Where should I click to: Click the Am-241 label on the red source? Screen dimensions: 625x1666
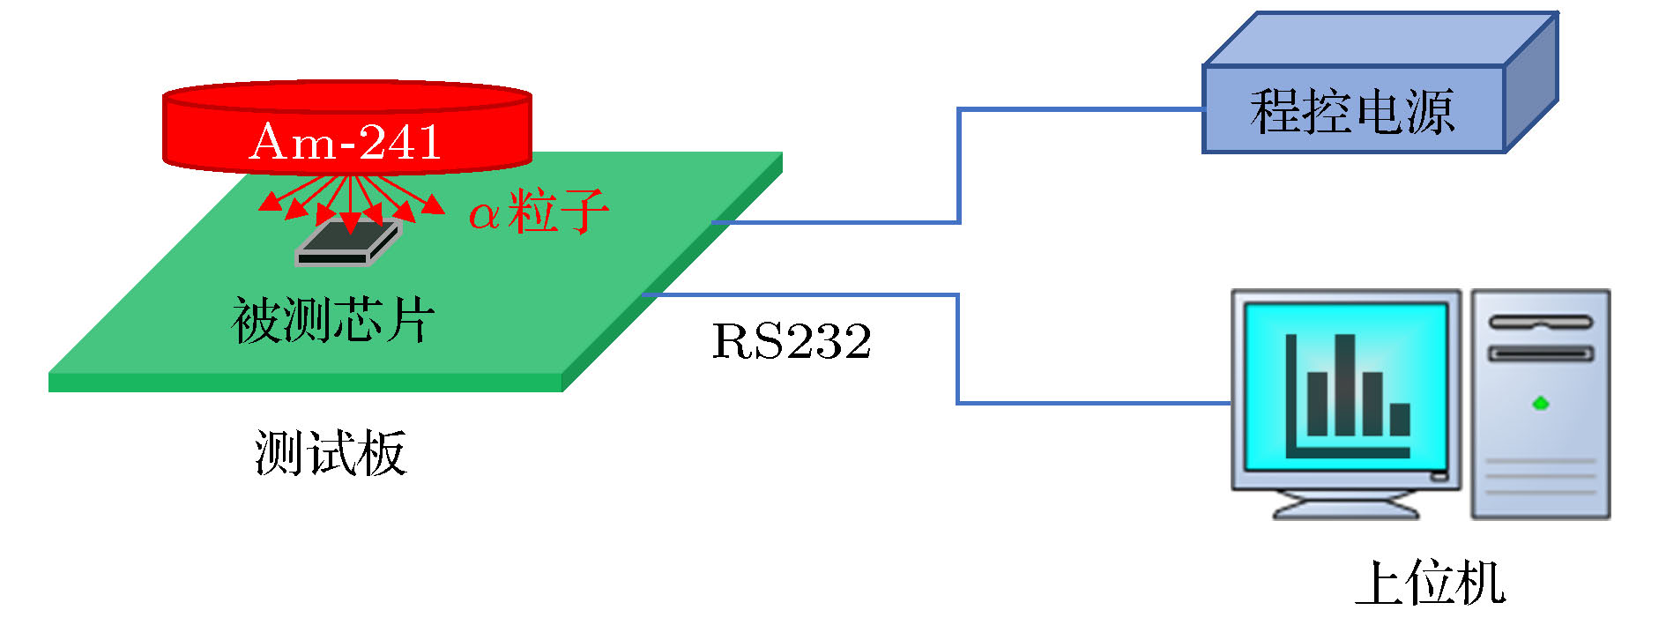346,142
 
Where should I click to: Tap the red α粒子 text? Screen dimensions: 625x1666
538,212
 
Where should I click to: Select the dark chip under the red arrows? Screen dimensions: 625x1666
348,243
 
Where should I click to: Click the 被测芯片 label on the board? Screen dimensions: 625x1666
333,319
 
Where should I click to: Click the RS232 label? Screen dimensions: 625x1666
791,342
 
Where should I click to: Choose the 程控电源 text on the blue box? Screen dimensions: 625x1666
1351,112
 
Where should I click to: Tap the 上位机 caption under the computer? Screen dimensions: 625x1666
1430,583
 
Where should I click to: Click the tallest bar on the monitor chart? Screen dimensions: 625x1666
1344,384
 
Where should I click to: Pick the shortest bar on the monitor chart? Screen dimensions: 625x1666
1400,419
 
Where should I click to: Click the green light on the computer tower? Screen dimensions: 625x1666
1540,404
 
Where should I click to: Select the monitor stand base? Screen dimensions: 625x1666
1346,509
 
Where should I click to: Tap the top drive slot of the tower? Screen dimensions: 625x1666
1540,323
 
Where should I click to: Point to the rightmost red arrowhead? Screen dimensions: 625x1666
434,205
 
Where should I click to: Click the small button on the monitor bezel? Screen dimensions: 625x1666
1439,477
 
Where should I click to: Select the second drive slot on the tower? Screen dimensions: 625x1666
1540,354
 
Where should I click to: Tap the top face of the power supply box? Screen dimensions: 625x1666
1380,40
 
